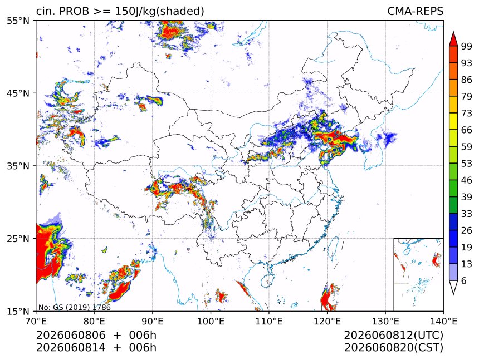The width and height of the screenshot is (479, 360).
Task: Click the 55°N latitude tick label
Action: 18,21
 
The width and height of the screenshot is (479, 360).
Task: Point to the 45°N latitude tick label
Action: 18,93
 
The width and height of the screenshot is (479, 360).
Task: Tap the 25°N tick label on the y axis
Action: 18,238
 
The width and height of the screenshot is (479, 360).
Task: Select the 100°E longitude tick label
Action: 211,321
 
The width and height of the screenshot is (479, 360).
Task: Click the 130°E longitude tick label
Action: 385,321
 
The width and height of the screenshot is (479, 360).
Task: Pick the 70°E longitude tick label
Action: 36,321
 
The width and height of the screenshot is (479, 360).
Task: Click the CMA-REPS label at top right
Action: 415,11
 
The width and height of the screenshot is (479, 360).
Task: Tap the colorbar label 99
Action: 467,46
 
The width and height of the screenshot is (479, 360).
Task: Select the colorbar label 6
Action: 464,280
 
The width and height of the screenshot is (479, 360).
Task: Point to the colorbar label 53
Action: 467,164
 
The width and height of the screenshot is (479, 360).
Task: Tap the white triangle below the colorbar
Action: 453,286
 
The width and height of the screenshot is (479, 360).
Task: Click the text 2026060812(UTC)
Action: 393,335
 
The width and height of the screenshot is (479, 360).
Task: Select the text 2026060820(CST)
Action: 393,348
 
